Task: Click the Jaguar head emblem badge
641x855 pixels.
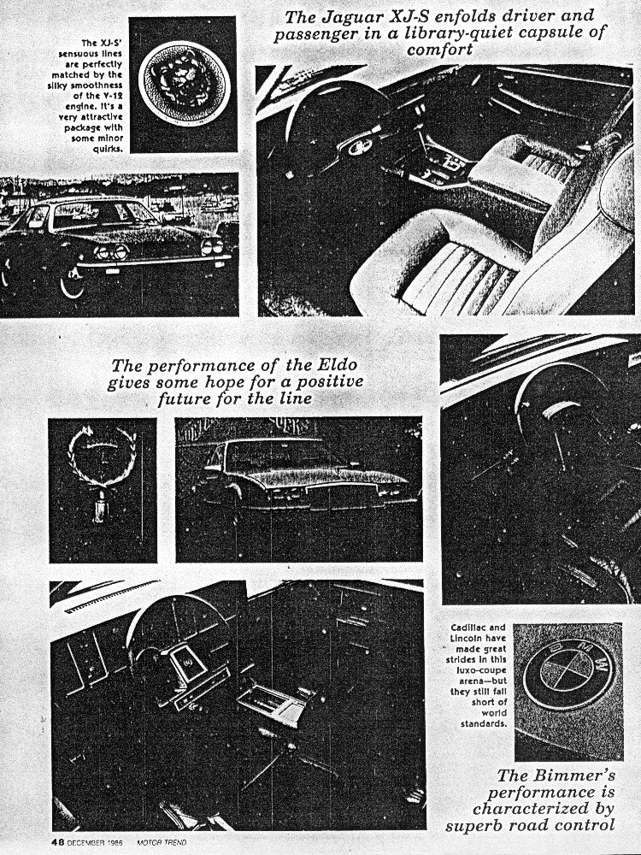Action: pos(183,82)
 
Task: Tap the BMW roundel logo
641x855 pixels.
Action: pos(568,674)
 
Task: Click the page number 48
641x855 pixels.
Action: pos(58,842)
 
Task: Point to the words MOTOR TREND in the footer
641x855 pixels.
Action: pos(162,843)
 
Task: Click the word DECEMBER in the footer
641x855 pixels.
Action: pos(86,843)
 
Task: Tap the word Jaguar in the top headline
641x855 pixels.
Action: pos(344,17)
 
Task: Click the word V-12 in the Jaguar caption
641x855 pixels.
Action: pos(112,96)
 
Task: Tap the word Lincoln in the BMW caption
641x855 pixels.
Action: pos(466,638)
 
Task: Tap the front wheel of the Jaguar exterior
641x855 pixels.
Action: pos(71,280)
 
